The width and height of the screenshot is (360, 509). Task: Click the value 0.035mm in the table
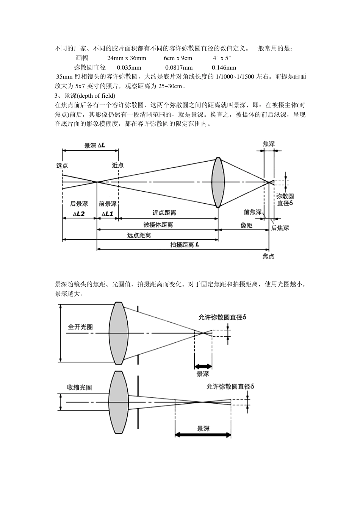click(129, 68)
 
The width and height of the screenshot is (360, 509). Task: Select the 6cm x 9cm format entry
click(178, 58)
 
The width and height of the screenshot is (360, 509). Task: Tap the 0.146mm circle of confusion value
click(224, 68)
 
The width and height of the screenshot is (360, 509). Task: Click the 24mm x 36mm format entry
click(127, 58)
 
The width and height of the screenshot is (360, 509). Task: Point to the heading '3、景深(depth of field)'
click(85, 95)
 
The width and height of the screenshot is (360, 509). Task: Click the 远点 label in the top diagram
click(62, 166)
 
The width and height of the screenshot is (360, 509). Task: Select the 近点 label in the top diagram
click(118, 166)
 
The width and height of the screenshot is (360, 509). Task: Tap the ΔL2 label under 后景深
click(79, 214)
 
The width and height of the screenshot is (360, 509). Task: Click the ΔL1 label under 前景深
click(107, 214)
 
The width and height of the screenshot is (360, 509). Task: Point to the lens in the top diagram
click(218, 182)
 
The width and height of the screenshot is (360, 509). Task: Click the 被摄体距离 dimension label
click(158, 225)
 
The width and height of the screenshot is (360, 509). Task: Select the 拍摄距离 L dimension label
click(185, 245)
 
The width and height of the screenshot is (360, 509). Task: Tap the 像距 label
click(246, 225)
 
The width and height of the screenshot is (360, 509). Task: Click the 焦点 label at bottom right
click(268, 256)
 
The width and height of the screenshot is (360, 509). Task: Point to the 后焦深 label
click(280, 228)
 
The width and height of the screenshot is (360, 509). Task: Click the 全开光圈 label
click(80, 327)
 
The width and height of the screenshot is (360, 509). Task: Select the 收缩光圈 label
click(79, 387)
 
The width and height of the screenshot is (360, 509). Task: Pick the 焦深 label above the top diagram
click(269, 144)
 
